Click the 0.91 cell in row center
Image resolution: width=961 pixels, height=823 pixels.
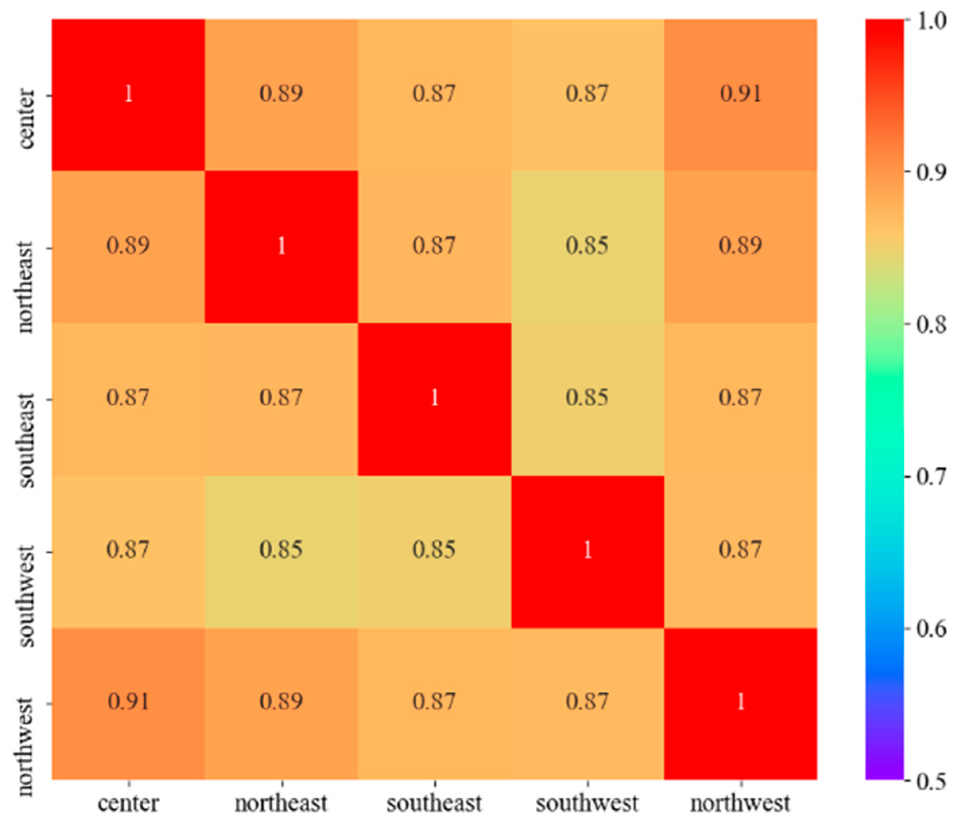click(740, 94)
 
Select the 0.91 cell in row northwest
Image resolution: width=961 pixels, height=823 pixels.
click(128, 701)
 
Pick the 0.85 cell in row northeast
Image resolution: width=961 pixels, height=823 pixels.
click(587, 246)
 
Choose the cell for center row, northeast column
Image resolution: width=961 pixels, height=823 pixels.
click(282, 94)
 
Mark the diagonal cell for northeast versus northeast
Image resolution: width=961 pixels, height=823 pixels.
click(282, 246)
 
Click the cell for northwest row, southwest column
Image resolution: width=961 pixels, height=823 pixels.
click(587, 701)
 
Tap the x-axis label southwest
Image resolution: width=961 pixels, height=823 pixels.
click(587, 803)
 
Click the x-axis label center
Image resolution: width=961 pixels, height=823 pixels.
click(128, 803)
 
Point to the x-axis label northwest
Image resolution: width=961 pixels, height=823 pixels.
click(740, 803)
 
